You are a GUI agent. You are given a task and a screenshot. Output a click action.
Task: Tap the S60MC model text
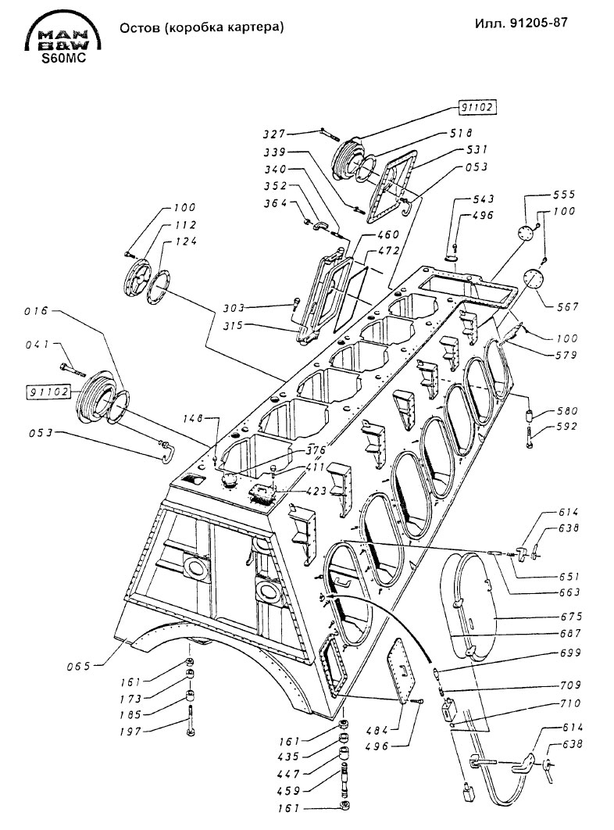64,59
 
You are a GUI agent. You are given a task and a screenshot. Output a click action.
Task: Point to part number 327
274,134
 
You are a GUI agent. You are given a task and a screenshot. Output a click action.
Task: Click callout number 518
461,133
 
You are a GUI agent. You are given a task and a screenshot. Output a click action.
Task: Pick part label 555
564,195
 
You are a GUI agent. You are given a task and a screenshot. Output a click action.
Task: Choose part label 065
78,666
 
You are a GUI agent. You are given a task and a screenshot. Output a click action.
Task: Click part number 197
130,731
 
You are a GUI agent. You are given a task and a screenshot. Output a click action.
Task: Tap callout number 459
288,790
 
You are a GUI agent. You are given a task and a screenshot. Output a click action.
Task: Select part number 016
37,311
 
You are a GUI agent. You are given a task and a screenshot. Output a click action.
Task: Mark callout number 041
37,345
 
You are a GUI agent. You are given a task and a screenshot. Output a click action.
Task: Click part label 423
316,491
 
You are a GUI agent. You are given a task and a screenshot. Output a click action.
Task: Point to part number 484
377,731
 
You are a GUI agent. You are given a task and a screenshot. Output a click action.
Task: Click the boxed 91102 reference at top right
477,107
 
